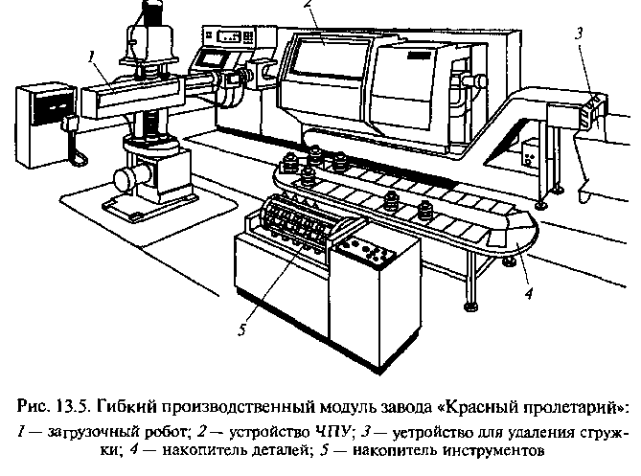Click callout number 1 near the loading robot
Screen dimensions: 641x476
coord(92,57)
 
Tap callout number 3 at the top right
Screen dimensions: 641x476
coord(579,34)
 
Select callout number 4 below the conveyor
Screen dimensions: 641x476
coord(529,292)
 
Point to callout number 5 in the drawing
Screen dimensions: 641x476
coord(242,329)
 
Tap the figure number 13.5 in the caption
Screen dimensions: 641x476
coord(71,407)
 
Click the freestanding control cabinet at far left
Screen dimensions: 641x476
coord(45,125)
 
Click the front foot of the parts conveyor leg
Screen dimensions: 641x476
coord(470,306)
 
